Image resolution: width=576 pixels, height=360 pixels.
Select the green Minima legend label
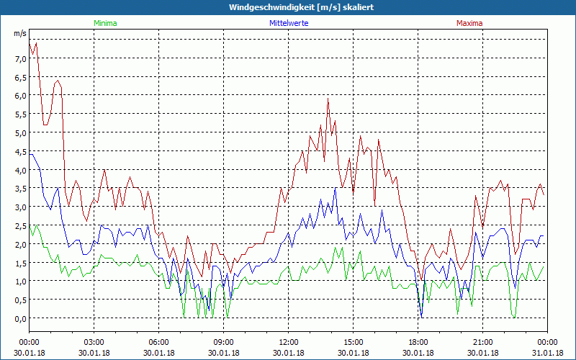(x=104, y=23)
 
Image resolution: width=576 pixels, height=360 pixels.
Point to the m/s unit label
(x=19, y=34)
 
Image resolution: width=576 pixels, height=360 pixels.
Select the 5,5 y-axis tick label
(x=19, y=114)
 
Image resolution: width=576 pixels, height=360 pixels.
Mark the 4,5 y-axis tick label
(x=19, y=151)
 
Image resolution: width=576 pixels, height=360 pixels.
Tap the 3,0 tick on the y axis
(x=19, y=207)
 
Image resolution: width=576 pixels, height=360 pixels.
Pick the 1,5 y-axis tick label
(x=19, y=263)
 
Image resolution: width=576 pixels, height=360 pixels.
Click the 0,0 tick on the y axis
(x=19, y=318)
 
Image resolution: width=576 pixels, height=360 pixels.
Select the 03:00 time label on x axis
(x=94, y=342)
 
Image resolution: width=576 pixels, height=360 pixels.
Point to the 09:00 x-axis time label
(x=224, y=342)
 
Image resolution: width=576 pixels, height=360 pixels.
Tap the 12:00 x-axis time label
(x=289, y=342)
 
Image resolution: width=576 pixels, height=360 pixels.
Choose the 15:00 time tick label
(x=354, y=342)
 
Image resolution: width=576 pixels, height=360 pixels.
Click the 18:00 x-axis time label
(x=418, y=342)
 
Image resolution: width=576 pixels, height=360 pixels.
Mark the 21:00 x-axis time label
(x=483, y=342)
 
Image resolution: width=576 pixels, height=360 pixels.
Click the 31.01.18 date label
(x=548, y=353)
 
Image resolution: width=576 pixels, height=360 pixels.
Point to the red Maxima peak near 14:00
(x=328, y=99)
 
